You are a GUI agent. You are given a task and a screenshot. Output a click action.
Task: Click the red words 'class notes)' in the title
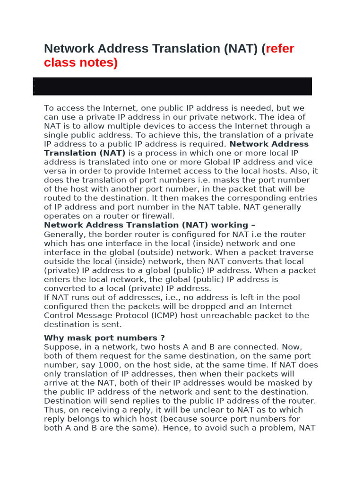tap(80, 62)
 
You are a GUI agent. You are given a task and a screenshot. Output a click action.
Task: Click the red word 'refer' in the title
tap(280, 49)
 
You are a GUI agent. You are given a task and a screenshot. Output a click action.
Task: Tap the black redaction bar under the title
tap(173, 86)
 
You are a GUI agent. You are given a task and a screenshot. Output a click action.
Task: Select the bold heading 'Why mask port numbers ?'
tap(104, 338)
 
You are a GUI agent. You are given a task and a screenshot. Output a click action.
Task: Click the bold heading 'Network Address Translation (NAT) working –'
tap(149, 225)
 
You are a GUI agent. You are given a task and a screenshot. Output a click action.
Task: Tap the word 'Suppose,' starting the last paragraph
tap(60, 347)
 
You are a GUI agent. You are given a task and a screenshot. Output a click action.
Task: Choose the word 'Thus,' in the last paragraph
tap(53, 410)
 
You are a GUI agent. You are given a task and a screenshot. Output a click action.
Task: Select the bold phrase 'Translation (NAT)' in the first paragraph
tap(85, 153)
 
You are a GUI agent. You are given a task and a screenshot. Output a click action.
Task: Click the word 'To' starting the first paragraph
tap(49, 108)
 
